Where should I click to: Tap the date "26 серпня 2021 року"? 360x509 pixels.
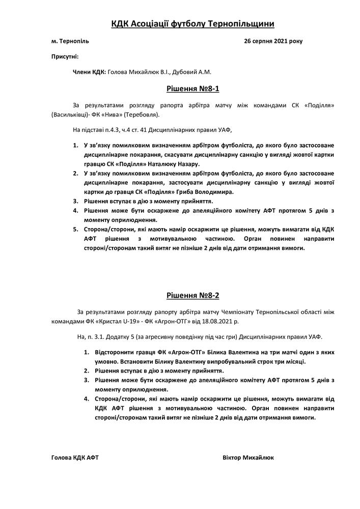273,41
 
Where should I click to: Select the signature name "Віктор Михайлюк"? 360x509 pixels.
248,457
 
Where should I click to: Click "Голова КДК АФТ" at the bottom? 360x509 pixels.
75,457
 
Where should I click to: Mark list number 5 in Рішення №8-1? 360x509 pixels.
76,229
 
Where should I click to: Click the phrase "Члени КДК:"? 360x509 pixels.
90,72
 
